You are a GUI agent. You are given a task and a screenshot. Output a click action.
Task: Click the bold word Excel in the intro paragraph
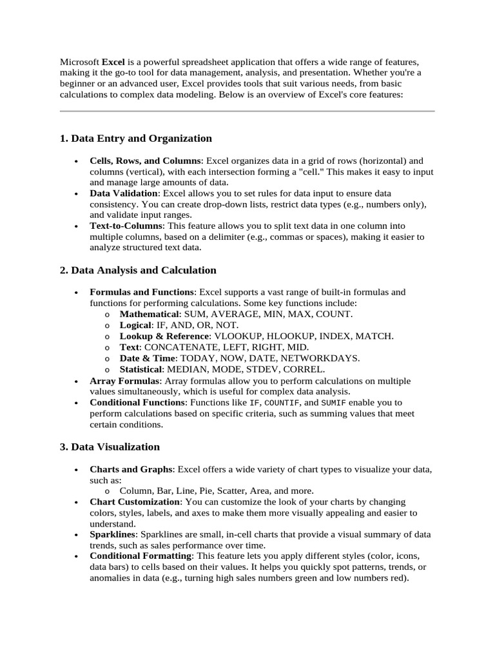pos(113,62)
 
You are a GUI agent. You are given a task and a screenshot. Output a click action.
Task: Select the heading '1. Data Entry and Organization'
pos(135,139)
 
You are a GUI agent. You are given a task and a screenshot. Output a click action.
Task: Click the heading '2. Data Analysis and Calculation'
pos(138,270)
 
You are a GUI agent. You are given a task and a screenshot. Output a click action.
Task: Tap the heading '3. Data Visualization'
pos(110,447)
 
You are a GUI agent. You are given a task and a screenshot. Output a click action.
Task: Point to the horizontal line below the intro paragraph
pos(247,112)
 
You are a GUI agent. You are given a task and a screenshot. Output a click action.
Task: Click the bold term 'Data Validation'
pos(123,193)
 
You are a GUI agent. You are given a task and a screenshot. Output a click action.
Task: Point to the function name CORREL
pos(307,369)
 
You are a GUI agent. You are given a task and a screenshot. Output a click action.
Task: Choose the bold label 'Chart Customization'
pos(135,501)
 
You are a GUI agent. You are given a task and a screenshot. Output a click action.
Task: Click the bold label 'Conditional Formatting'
pos(141,556)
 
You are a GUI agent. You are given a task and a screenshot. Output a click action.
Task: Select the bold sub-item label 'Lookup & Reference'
pos(164,336)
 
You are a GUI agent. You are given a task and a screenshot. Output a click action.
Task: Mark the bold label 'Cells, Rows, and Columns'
pos(145,160)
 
